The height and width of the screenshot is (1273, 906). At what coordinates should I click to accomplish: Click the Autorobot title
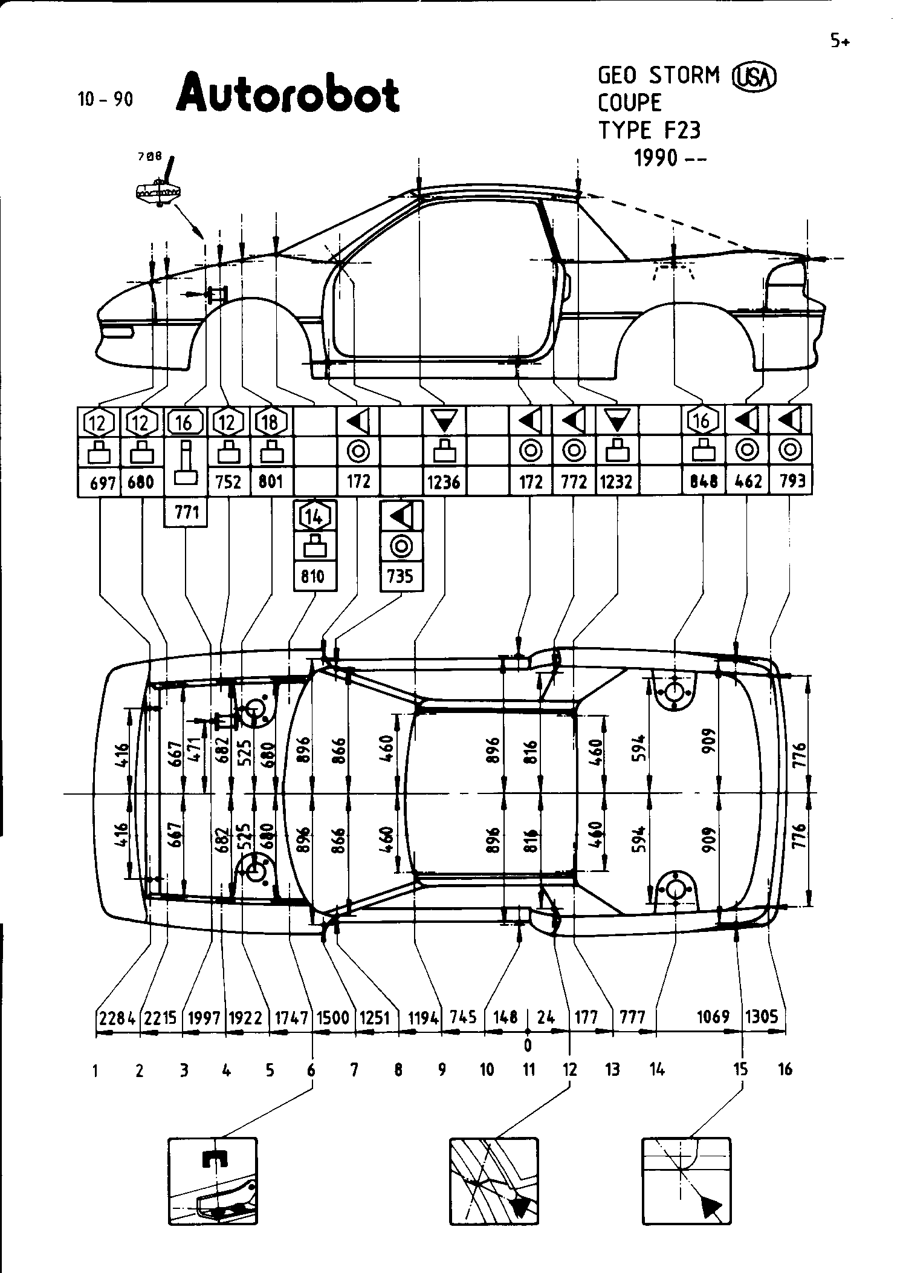(288, 94)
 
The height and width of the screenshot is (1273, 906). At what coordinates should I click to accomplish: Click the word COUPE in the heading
(630, 103)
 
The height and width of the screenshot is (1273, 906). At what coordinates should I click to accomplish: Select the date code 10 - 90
(105, 99)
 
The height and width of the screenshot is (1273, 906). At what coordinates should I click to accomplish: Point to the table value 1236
(444, 482)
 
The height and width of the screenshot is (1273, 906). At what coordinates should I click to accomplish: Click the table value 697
(102, 483)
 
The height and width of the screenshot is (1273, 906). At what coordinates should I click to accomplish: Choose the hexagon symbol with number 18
(270, 422)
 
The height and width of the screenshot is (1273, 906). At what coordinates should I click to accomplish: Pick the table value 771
(186, 513)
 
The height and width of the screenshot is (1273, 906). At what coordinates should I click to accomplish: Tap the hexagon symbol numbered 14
(314, 516)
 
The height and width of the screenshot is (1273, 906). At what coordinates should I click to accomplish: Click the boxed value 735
(401, 576)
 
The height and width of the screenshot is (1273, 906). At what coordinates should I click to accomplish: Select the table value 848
(703, 482)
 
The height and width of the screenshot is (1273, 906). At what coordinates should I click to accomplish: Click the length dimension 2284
(117, 1017)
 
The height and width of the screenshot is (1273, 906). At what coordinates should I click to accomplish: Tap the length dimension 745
(463, 1017)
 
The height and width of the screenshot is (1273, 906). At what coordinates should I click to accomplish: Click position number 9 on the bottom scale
(442, 1070)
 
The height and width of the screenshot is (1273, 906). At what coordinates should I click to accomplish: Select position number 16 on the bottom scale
(785, 1070)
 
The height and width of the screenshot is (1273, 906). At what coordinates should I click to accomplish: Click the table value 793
(792, 481)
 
